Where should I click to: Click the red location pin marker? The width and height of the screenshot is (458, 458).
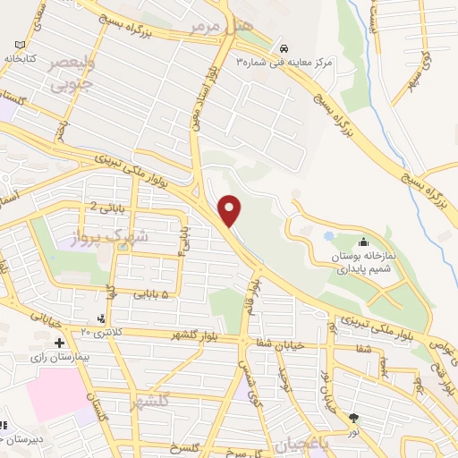231,210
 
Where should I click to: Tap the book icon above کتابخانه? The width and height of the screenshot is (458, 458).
21,45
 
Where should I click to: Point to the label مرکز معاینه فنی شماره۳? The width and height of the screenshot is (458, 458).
284,63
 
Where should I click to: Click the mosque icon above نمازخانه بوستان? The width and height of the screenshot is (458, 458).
364,242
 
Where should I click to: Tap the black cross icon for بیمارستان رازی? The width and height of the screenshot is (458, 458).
59,343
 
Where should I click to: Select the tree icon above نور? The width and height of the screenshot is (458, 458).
354,417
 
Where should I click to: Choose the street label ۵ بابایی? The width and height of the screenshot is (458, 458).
144,292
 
